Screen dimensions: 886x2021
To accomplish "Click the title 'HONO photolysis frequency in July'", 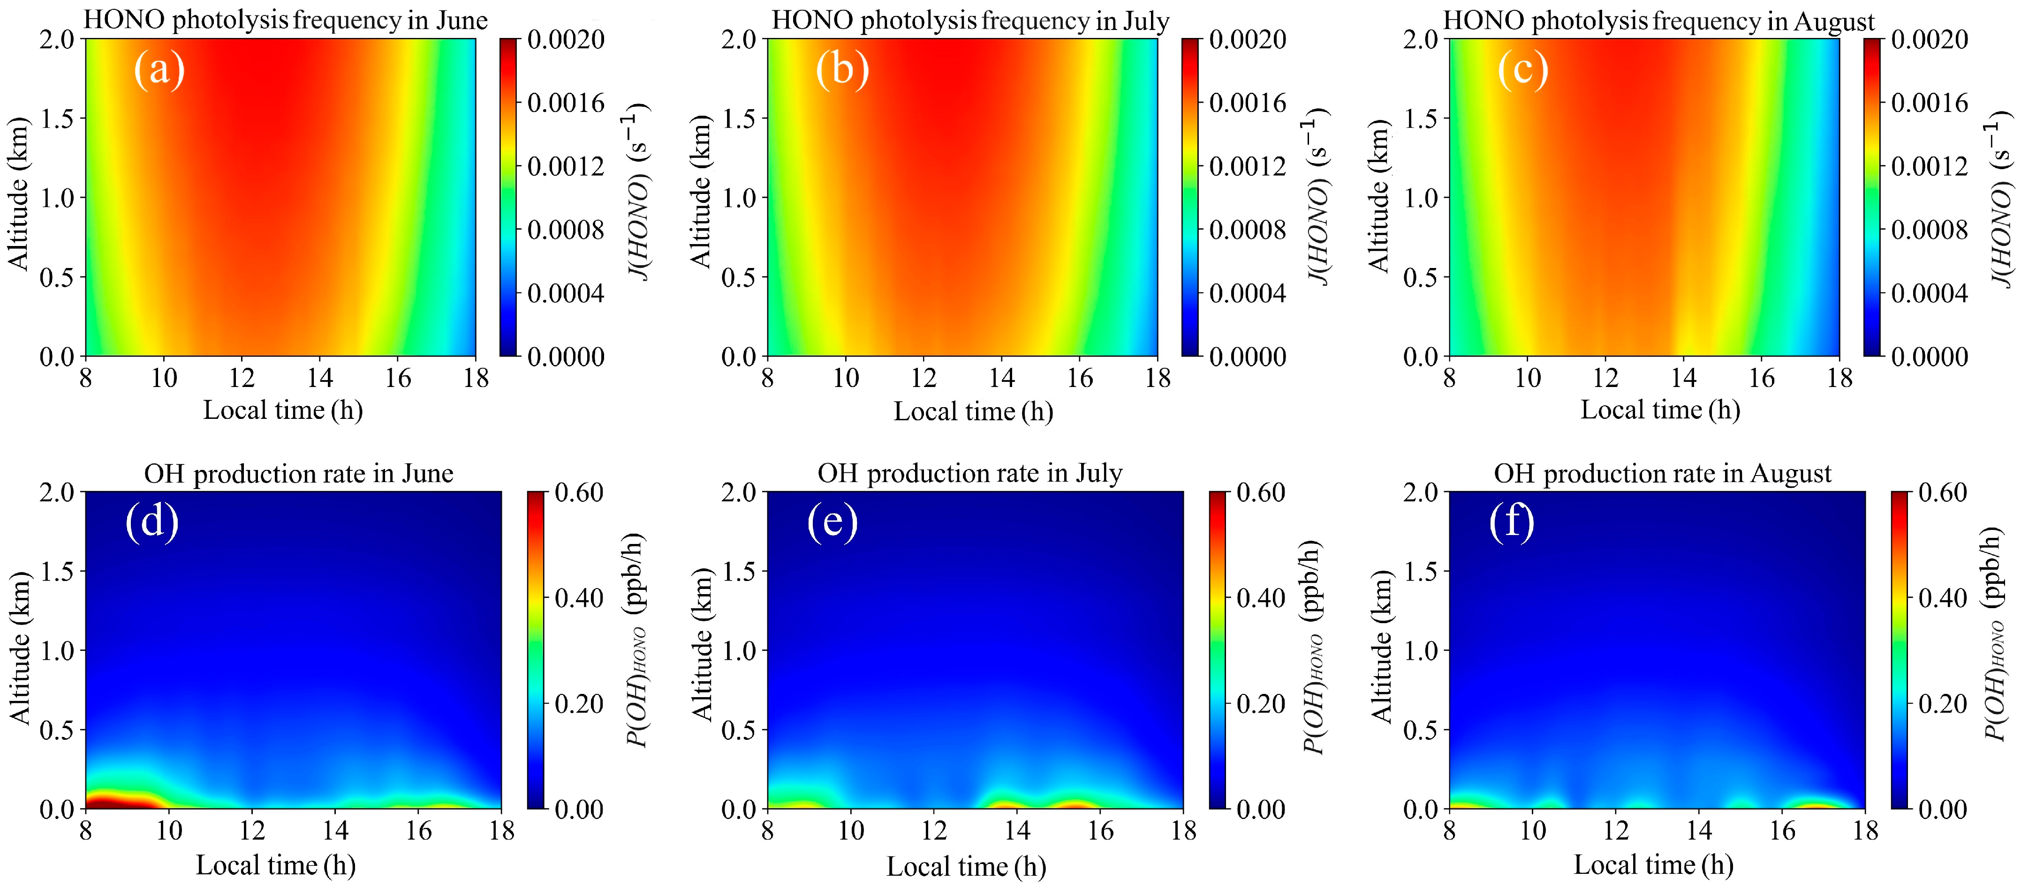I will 970,21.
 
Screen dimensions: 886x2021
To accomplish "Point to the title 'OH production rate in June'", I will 298,474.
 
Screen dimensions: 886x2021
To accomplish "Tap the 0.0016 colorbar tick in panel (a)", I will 565,103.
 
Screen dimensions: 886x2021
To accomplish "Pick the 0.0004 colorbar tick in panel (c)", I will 1929,293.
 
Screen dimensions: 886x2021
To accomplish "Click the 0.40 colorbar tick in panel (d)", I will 578,598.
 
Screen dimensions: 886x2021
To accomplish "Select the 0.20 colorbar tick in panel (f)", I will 1943,703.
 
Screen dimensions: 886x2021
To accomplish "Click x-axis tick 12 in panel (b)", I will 923,379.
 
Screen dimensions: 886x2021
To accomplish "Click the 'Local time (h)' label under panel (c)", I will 1660,410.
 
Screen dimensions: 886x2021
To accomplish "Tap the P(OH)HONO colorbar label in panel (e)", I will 1313,647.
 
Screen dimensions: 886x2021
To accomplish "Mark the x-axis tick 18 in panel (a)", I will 476,379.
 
